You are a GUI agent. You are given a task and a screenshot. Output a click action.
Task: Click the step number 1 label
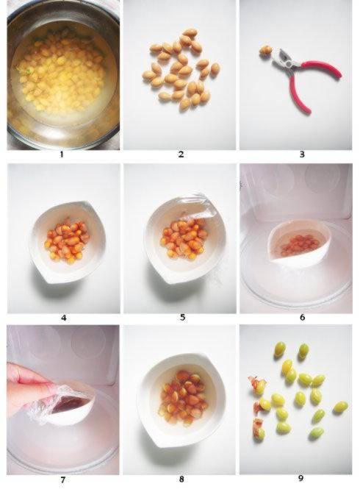(x=62, y=154)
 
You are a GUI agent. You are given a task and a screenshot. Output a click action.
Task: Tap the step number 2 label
(x=181, y=154)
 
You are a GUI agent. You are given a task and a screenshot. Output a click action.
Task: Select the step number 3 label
(x=302, y=154)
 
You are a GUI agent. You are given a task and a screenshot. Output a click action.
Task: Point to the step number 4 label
(x=64, y=318)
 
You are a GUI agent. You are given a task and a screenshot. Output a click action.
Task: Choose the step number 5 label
(x=182, y=318)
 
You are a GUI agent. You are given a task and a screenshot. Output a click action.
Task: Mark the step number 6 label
(x=302, y=318)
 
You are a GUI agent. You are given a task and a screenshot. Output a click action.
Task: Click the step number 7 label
(x=62, y=479)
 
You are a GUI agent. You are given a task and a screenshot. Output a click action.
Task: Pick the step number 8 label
(x=181, y=479)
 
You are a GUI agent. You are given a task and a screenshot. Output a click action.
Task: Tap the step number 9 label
(x=300, y=479)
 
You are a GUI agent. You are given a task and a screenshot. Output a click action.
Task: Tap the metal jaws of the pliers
(x=284, y=59)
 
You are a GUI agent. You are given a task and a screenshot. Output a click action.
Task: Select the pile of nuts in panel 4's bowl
(x=66, y=240)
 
